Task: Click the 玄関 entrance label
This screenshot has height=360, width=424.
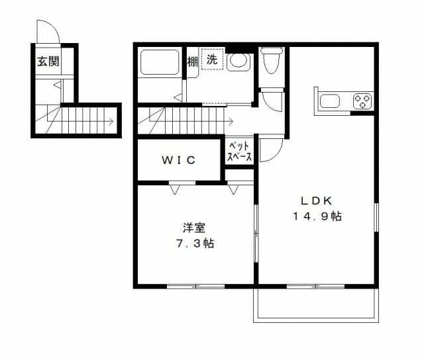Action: point(47,62)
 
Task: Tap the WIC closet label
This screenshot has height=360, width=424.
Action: point(178,159)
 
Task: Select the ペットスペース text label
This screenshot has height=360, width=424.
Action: point(238,152)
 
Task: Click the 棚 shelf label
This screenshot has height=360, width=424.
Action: point(192,62)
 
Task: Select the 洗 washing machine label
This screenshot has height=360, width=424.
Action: point(211,60)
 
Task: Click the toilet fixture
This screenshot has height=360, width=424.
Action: point(271,62)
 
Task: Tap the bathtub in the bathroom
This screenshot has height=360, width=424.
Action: point(159,63)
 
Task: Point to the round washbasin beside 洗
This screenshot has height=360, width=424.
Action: point(238,62)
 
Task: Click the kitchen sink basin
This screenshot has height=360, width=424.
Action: point(329,102)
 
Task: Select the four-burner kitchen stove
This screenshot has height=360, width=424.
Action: point(362,102)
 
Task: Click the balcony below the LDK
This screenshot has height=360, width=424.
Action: point(315,305)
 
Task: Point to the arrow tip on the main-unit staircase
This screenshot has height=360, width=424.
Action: point(231,122)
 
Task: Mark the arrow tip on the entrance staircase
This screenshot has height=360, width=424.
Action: point(111,122)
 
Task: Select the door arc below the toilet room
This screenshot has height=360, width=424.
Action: point(272,101)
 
